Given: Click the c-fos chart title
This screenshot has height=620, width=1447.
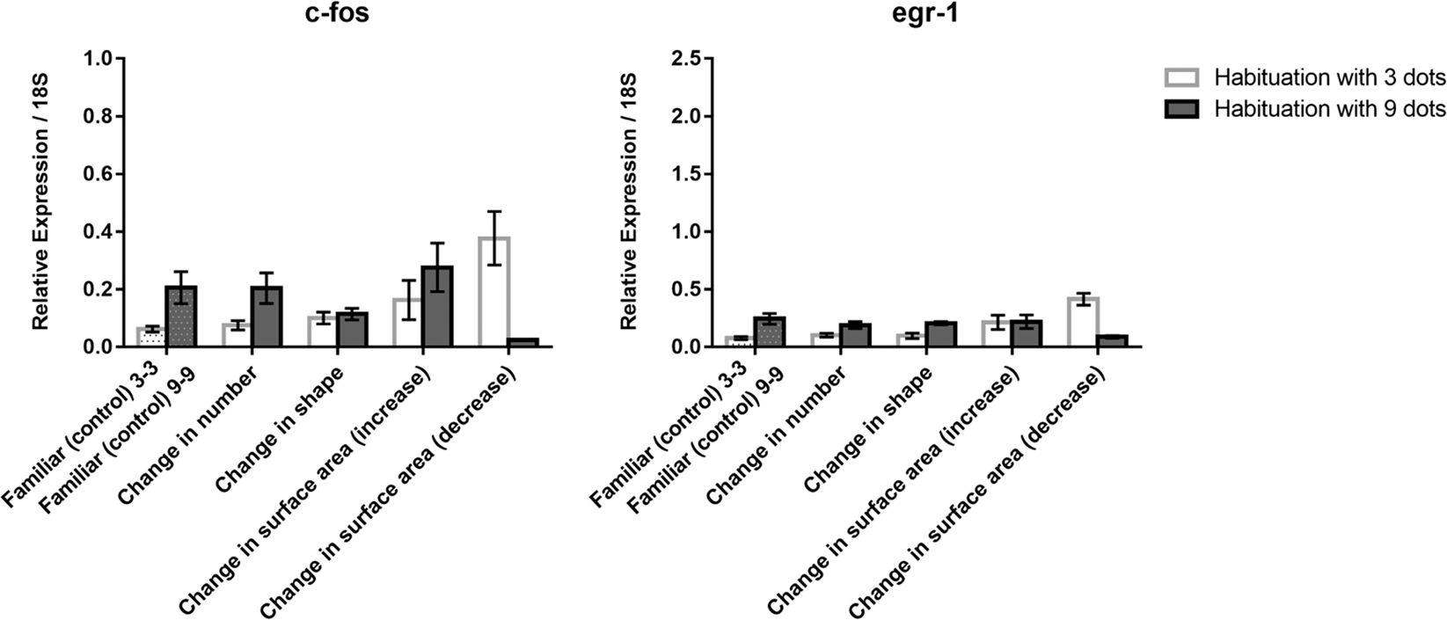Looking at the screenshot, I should [x=338, y=15].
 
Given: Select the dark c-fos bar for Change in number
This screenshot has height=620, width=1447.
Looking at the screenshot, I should [x=266, y=317].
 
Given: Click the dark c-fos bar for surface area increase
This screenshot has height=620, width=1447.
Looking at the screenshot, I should [x=437, y=307].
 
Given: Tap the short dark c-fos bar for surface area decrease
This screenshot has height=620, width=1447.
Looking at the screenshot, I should [x=523, y=342].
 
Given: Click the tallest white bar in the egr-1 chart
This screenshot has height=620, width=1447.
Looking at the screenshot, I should [x=1084, y=323].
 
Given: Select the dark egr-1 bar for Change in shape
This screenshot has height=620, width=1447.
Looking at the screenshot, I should [x=941, y=335].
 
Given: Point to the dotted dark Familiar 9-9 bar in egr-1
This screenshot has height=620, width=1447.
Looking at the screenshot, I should [x=770, y=332].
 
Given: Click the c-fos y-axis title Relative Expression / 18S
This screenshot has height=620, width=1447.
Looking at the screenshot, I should [x=41, y=202].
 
